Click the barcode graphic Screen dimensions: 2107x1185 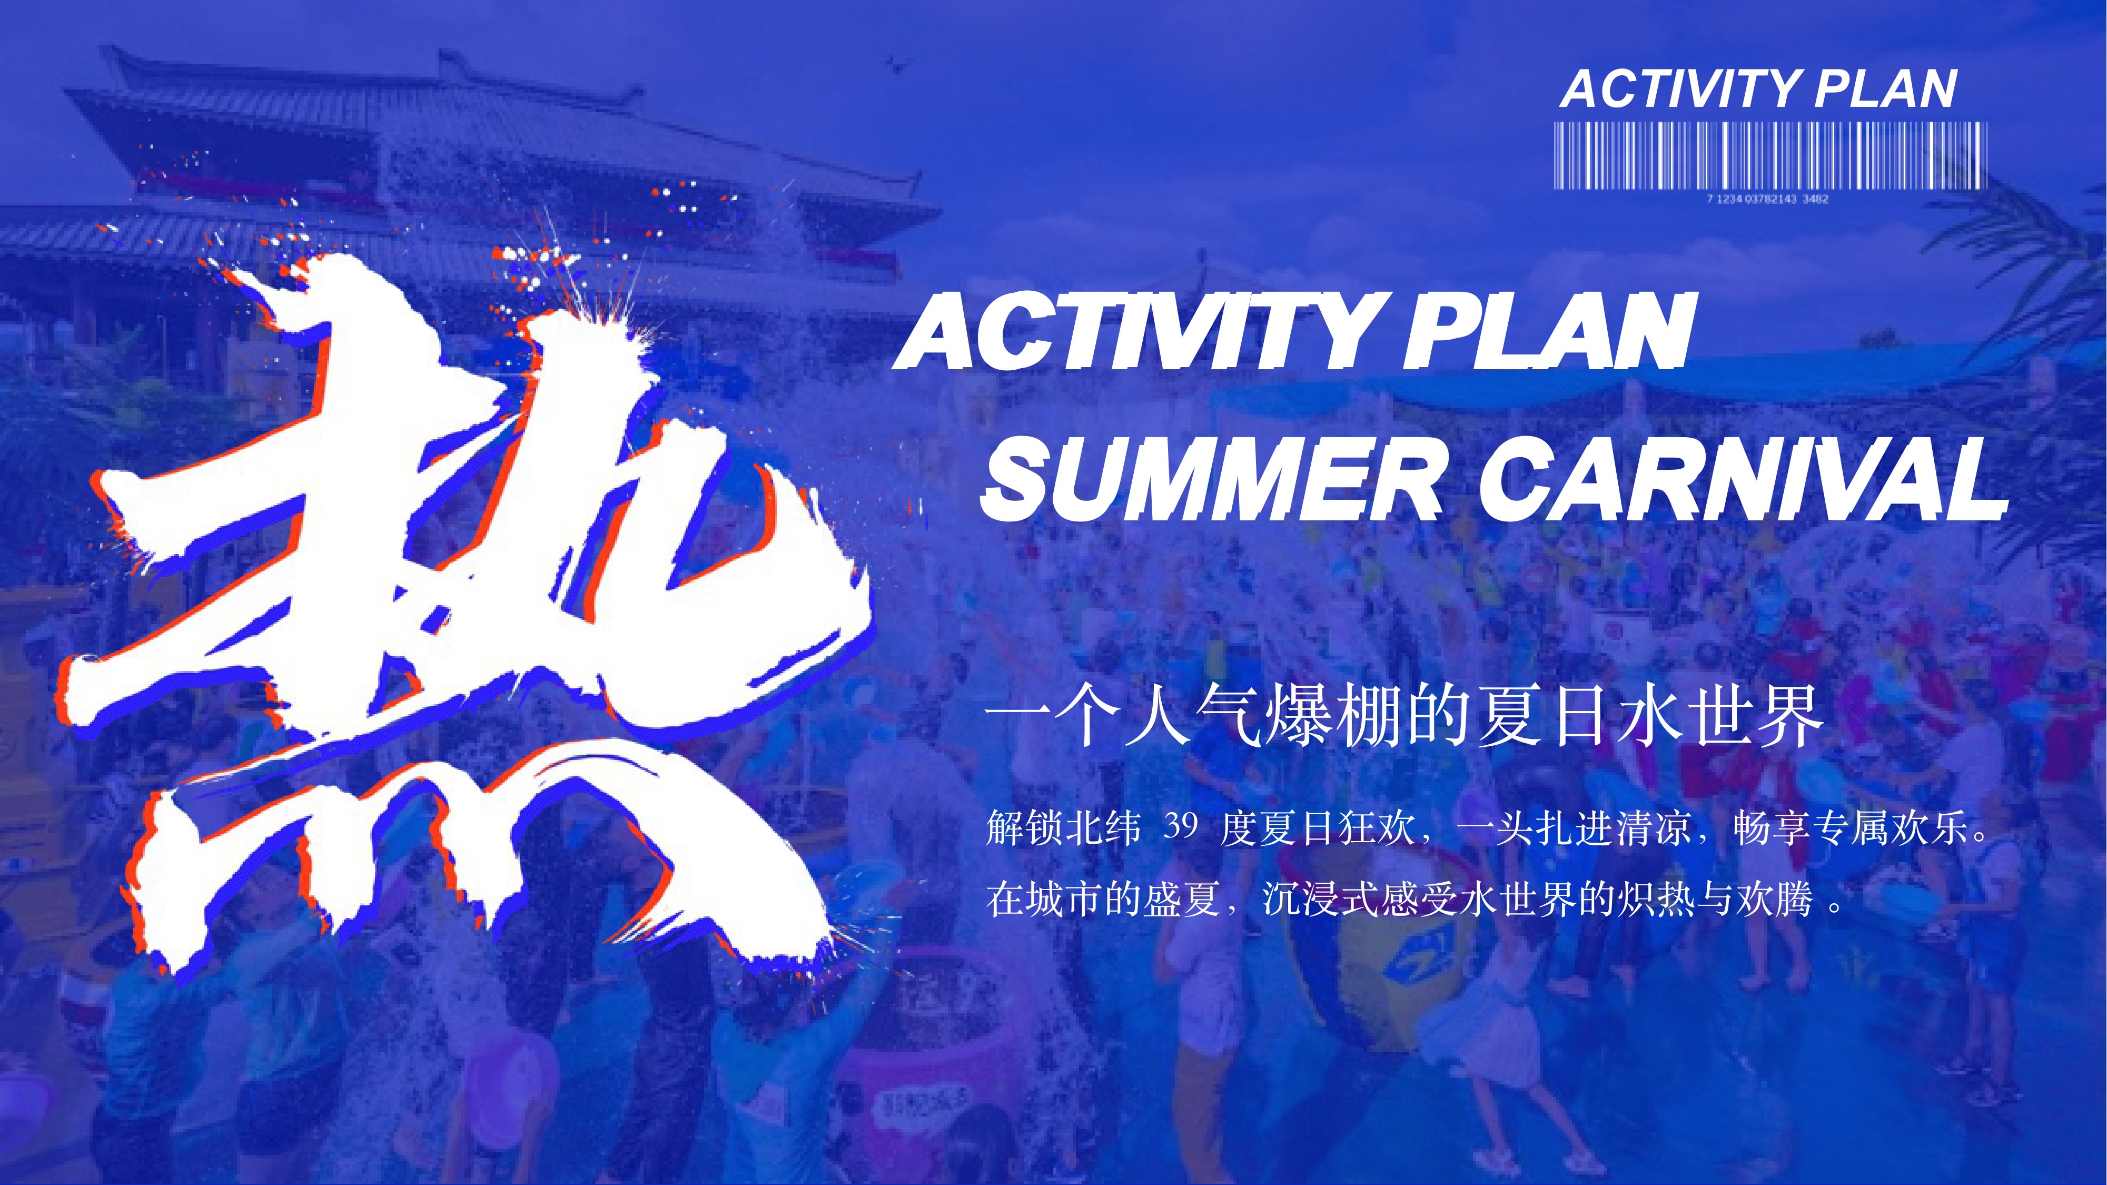coord(1770,155)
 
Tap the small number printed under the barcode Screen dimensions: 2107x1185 coord(1767,199)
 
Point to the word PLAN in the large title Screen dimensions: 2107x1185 coord(1547,331)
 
